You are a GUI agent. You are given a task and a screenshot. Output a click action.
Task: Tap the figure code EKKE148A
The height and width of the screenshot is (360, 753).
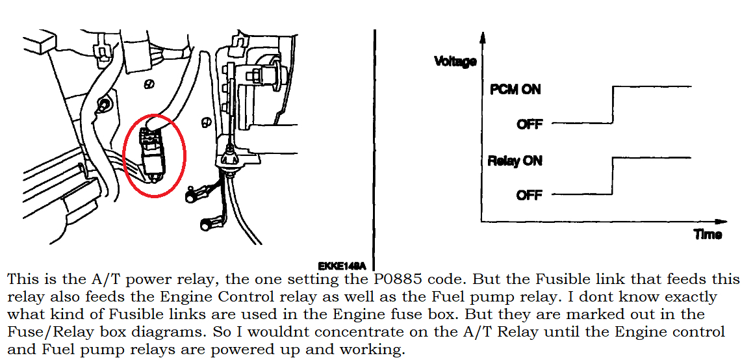coord(342,266)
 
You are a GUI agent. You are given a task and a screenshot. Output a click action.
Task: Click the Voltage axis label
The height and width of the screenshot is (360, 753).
coord(455,62)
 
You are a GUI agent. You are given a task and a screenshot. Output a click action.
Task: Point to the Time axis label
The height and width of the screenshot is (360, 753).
coord(708,235)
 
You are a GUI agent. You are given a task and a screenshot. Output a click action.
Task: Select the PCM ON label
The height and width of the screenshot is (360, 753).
coord(515,90)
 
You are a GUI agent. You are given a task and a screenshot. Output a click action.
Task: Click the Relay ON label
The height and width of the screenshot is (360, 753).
coord(515,161)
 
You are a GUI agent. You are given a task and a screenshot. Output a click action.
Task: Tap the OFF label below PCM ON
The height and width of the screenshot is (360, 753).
coord(530,124)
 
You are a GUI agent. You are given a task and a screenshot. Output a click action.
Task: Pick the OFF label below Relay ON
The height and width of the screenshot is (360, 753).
coord(530,195)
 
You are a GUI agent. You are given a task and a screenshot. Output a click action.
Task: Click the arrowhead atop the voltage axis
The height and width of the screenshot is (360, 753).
coord(481,37)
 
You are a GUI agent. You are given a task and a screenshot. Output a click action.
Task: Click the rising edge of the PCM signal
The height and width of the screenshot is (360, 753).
coord(613,104)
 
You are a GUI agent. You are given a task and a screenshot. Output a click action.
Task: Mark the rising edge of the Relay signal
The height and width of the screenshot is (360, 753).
coord(613,175)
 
